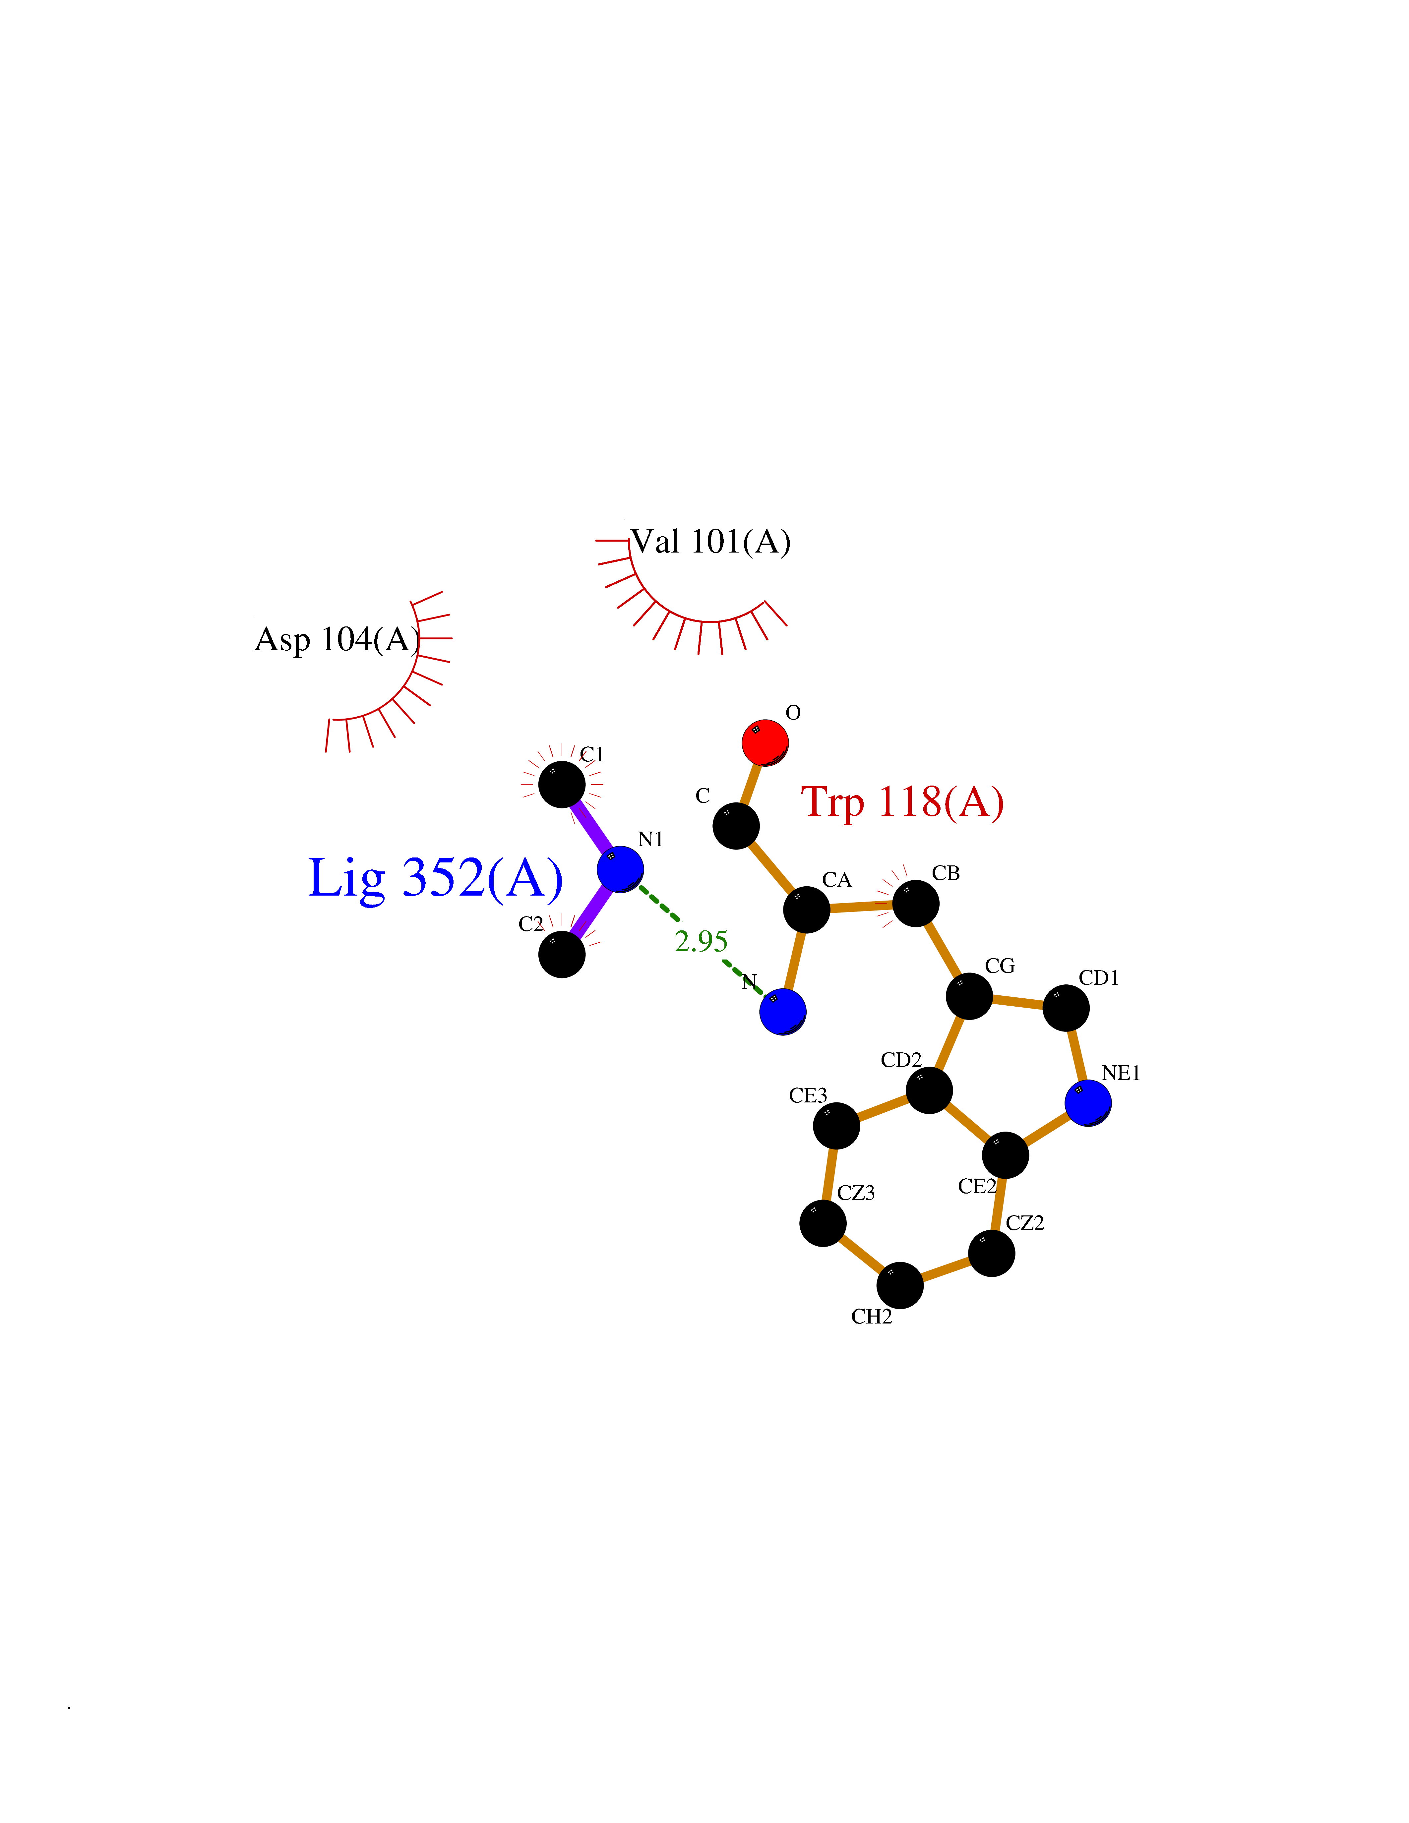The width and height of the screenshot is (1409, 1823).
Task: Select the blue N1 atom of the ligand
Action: (620, 869)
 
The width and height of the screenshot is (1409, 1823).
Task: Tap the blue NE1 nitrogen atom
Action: (1088, 1103)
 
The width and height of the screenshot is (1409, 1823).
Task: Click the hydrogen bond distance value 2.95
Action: (701, 942)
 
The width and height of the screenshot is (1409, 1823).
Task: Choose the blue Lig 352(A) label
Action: (435, 878)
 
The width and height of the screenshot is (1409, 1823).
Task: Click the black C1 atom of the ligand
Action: (562, 784)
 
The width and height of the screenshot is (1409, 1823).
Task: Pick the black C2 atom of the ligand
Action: (562, 954)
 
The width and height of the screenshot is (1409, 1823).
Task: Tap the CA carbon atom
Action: (806, 909)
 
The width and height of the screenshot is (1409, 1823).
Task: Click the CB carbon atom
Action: (916, 903)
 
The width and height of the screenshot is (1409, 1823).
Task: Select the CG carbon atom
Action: (969, 996)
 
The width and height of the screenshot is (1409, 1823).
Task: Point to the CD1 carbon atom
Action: (1066, 1008)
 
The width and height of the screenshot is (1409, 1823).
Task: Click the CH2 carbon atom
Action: (900, 1285)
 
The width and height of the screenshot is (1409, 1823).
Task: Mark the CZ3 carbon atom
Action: (823, 1223)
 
